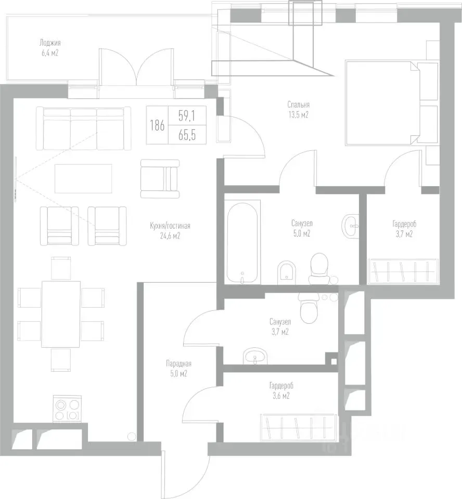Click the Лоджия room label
(50, 43)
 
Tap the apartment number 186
(157, 125)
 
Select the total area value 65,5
(187, 136)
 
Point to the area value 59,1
(187, 116)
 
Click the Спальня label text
(299, 104)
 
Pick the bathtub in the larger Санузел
(242, 242)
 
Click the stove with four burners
(67, 409)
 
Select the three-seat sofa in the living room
(83, 128)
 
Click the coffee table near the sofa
(83, 178)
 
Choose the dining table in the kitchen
(61, 314)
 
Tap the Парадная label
(179, 364)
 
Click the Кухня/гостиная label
(170, 226)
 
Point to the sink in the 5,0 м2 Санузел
(351, 226)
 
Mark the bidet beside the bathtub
(287, 272)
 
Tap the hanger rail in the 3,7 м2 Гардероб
(403, 271)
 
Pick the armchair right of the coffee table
(160, 178)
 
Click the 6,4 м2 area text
(50, 53)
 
